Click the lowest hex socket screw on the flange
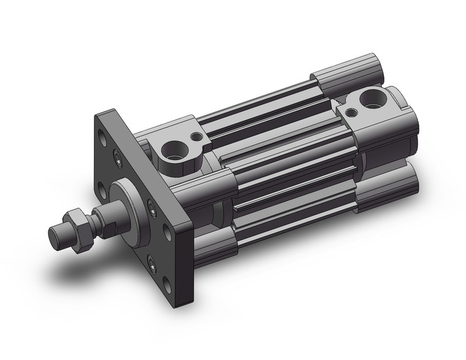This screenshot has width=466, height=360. (151, 263)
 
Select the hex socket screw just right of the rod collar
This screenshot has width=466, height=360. (150, 207)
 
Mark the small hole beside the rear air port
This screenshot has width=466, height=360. (352, 113)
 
